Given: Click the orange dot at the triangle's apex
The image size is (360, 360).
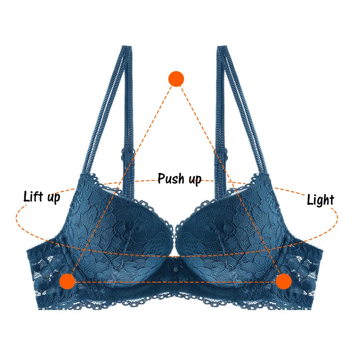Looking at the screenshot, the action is point(176,79).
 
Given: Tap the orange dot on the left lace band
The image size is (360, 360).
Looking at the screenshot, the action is point(68,281).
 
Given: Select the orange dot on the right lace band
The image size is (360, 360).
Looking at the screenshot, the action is point(283,281).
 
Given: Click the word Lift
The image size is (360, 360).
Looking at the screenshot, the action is point(35,196).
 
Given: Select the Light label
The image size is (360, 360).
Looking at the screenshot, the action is point(320,199).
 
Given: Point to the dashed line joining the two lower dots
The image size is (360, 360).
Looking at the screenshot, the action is point(175,282).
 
